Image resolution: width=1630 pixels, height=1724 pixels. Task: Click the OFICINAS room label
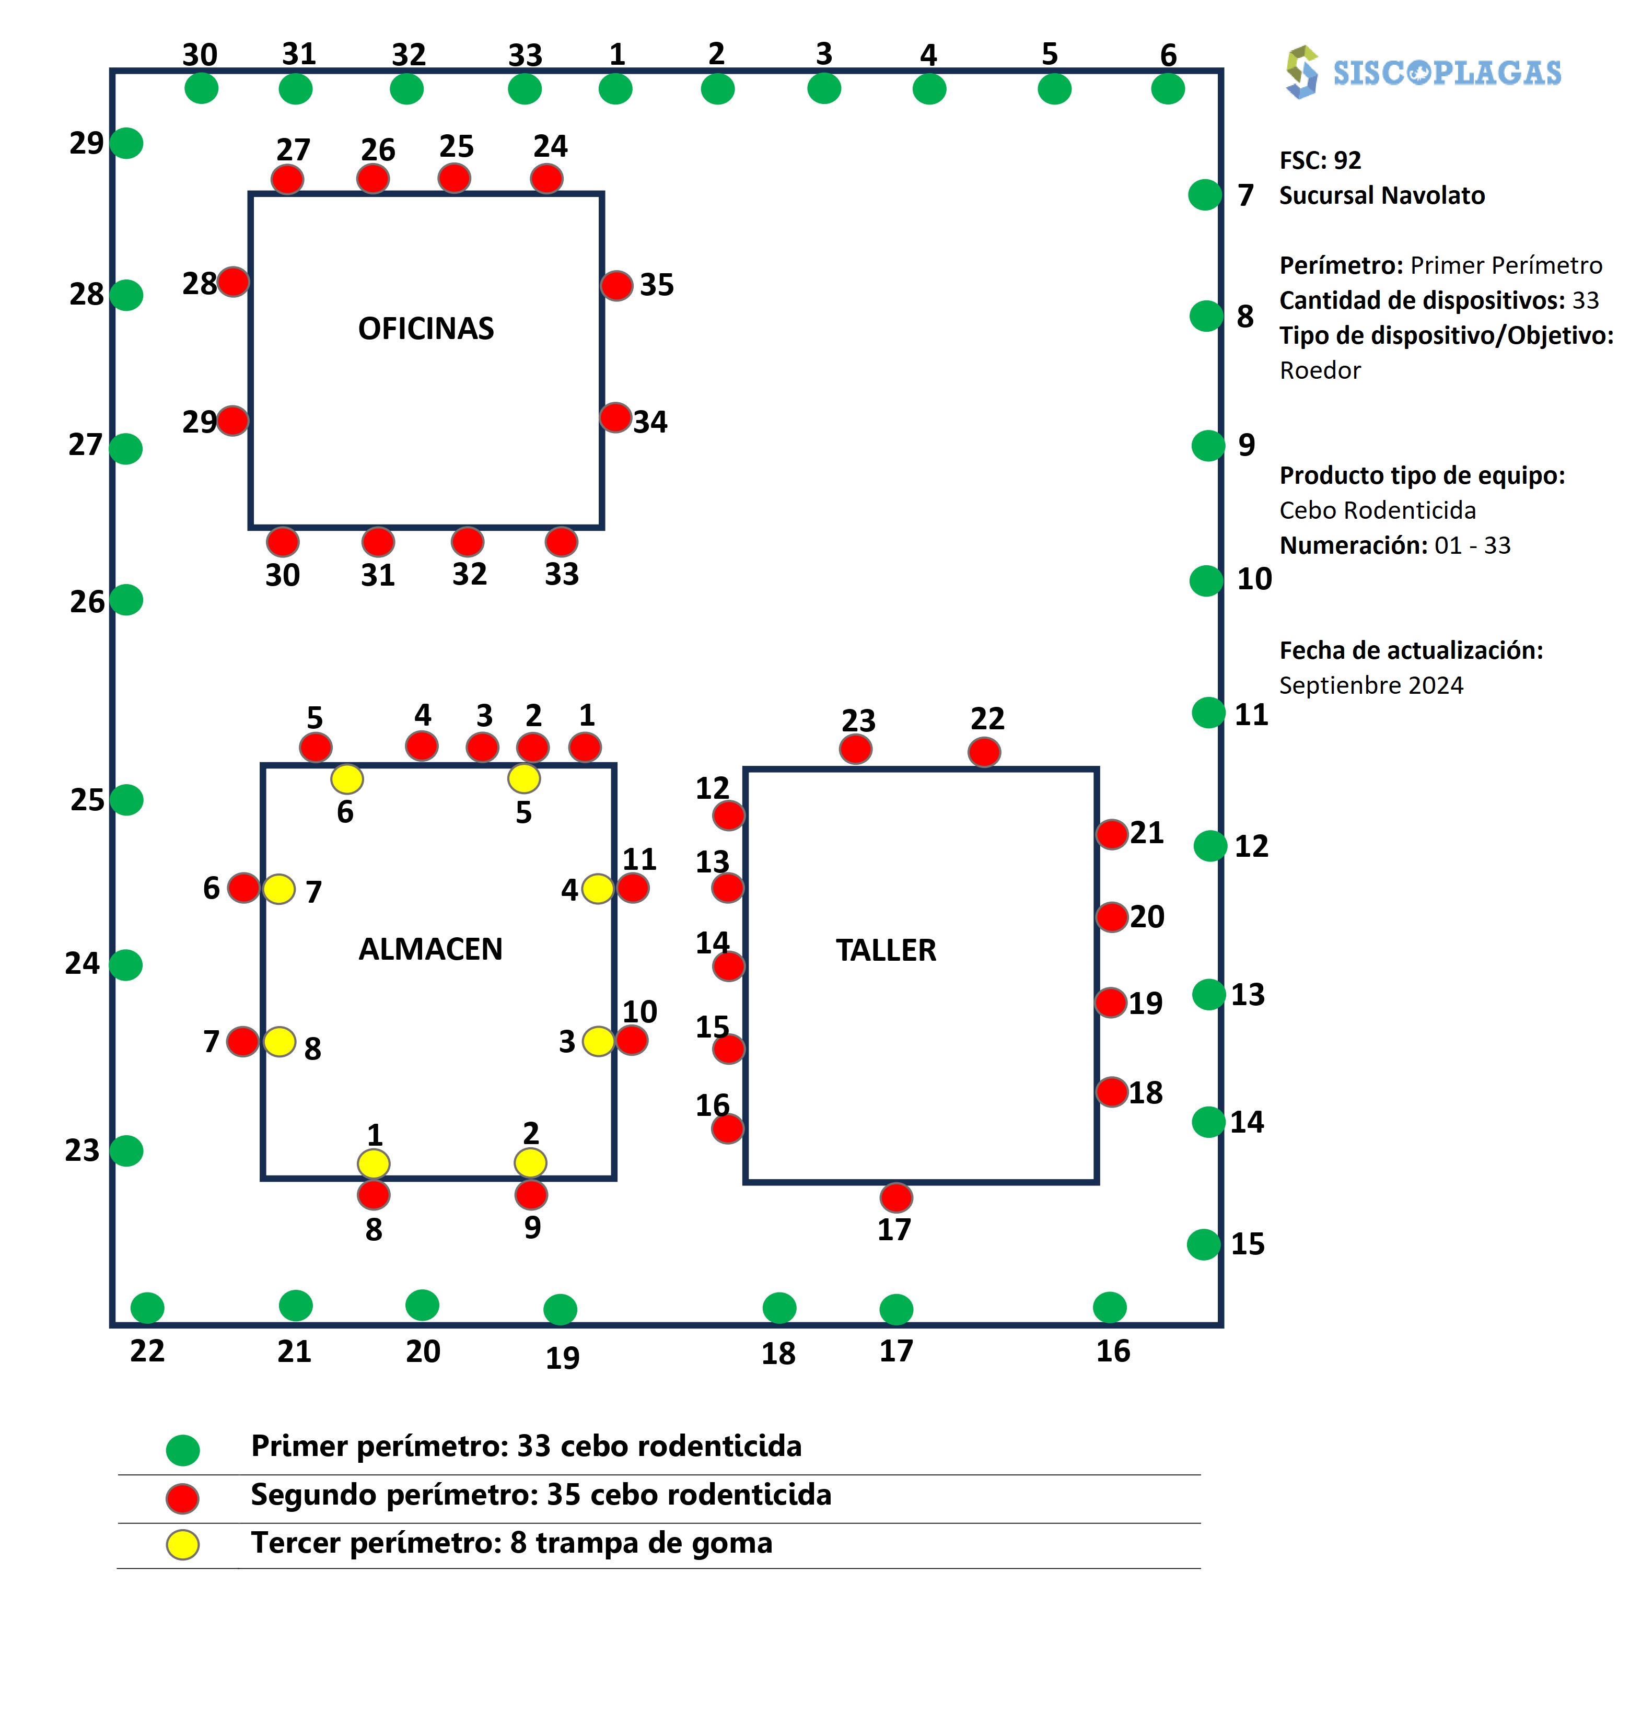coord(426,329)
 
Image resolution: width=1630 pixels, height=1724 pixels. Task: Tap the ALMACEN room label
coord(430,949)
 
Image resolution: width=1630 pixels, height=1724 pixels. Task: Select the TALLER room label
coord(886,950)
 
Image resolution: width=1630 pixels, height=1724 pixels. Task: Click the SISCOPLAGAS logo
coord(1423,72)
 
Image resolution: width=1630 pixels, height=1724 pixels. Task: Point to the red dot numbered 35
coord(616,285)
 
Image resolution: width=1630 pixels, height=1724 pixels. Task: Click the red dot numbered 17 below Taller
coord(896,1197)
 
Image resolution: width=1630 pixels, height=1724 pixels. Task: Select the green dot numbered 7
coord(1204,195)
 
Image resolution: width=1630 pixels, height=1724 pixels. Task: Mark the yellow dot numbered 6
coord(347,778)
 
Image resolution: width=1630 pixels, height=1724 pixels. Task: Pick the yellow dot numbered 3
coord(598,1041)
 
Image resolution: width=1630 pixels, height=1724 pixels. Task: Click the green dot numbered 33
coord(525,89)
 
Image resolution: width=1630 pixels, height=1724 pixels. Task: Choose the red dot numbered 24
coord(546,179)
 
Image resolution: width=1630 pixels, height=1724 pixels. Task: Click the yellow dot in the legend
coord(182,1544)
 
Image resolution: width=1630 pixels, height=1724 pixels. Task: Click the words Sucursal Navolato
coord(1381,195)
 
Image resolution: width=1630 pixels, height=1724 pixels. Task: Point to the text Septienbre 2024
coord(1371,685)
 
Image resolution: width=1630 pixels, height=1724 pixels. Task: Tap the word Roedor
coord(1320,370)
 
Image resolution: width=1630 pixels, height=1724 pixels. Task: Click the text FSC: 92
coord(1320,160)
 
